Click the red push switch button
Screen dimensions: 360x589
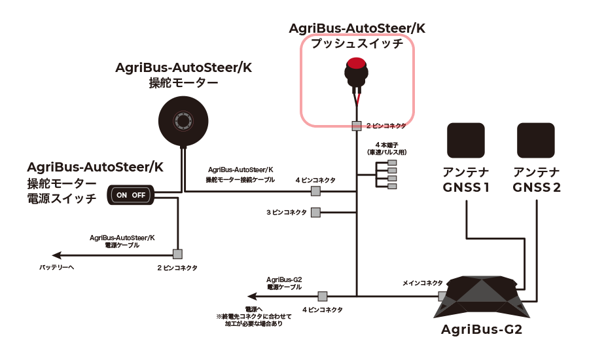356,64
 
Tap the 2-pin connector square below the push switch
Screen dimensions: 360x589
357,125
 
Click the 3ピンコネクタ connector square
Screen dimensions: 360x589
315,212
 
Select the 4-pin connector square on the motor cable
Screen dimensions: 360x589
315,191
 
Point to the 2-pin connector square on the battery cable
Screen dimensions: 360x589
177,254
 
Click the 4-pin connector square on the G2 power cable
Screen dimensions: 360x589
322,296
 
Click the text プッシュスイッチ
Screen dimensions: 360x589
357,44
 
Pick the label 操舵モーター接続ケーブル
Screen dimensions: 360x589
240,179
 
